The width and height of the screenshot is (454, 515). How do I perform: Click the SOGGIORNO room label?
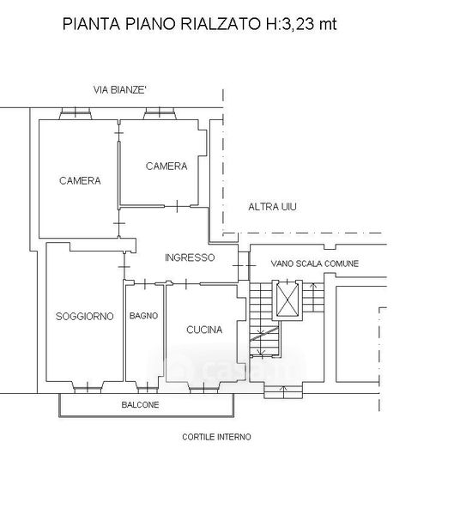[x=85, y=316]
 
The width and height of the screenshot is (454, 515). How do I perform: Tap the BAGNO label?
[x=143, y=316]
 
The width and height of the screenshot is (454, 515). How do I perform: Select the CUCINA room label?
[x=204, y=330]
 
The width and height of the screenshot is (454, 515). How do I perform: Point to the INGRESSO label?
[x=190, y=257]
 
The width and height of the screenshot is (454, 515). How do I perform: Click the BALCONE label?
[x=140, y=404]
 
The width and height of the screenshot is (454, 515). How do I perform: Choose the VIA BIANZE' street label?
[x=119, y=89]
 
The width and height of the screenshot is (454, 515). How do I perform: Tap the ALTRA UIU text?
[x=272, y=207]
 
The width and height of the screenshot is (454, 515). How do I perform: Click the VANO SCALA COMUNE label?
[x=315, y=264]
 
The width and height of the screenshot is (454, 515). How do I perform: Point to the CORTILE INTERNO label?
[x=216, y=437]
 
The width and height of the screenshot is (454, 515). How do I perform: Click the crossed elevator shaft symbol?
[x=288, y=300]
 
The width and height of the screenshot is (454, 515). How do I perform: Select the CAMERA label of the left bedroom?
[x=80, y=180]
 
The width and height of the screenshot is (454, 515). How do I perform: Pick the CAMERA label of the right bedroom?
[x=166, y=166]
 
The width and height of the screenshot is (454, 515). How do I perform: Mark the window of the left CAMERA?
[x=76, y=113]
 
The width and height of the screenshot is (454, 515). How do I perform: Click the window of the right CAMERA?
[x=160, y=113]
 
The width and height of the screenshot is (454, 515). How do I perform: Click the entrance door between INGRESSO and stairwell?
[x=244, y=266]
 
